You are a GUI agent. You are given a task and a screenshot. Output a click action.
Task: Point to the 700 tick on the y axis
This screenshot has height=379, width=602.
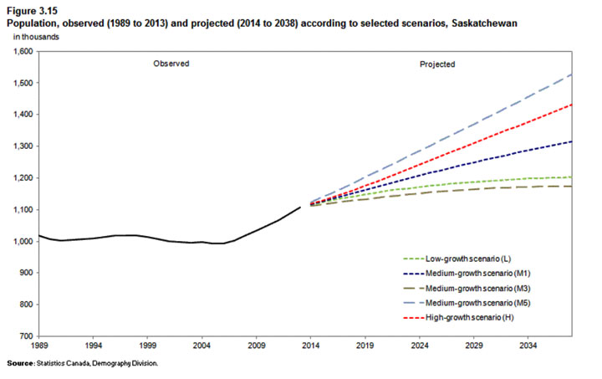[25, 336]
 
